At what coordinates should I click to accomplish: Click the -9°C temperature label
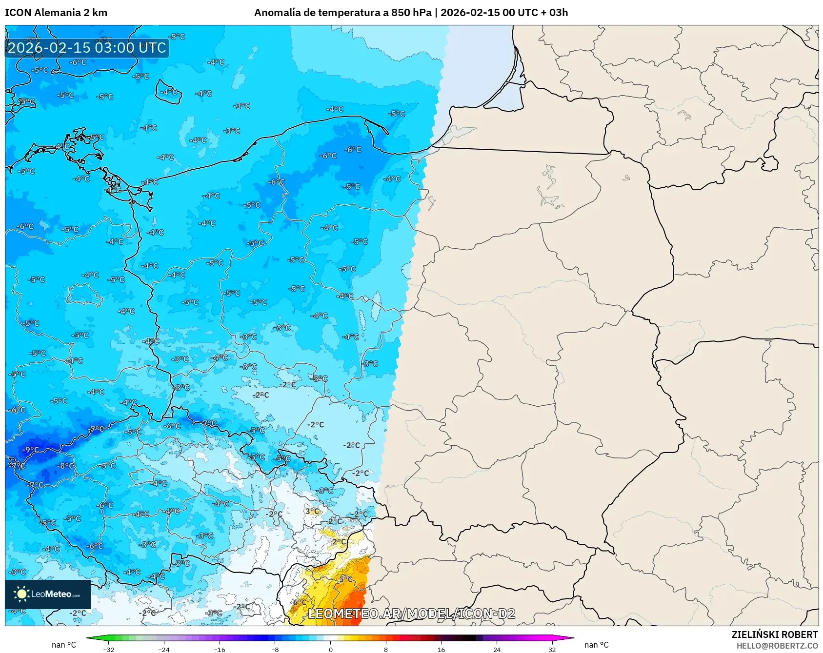[31, 450]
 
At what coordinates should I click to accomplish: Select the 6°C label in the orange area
[299, 602]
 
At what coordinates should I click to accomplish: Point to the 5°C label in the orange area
[345, 579]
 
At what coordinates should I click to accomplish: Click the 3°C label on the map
[312, 511]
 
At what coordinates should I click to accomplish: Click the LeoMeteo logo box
[48, 594]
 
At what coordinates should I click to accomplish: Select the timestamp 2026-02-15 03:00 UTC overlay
[87, 48]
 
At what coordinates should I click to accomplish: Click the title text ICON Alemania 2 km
[56, 13]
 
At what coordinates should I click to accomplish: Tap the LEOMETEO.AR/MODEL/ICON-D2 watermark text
[411, 613]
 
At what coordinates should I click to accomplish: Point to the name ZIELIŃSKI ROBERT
[774, 634]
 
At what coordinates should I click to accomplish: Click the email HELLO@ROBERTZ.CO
[777, 646]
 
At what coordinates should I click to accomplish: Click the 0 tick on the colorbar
[330, 649]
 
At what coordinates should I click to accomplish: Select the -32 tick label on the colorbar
[109, 649]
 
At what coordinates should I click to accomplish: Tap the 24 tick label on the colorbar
[497, 649]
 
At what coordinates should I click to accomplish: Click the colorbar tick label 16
[441, 649]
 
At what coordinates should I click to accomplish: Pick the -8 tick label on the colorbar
[275, 649]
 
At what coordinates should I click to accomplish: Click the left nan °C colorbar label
[64, 645]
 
